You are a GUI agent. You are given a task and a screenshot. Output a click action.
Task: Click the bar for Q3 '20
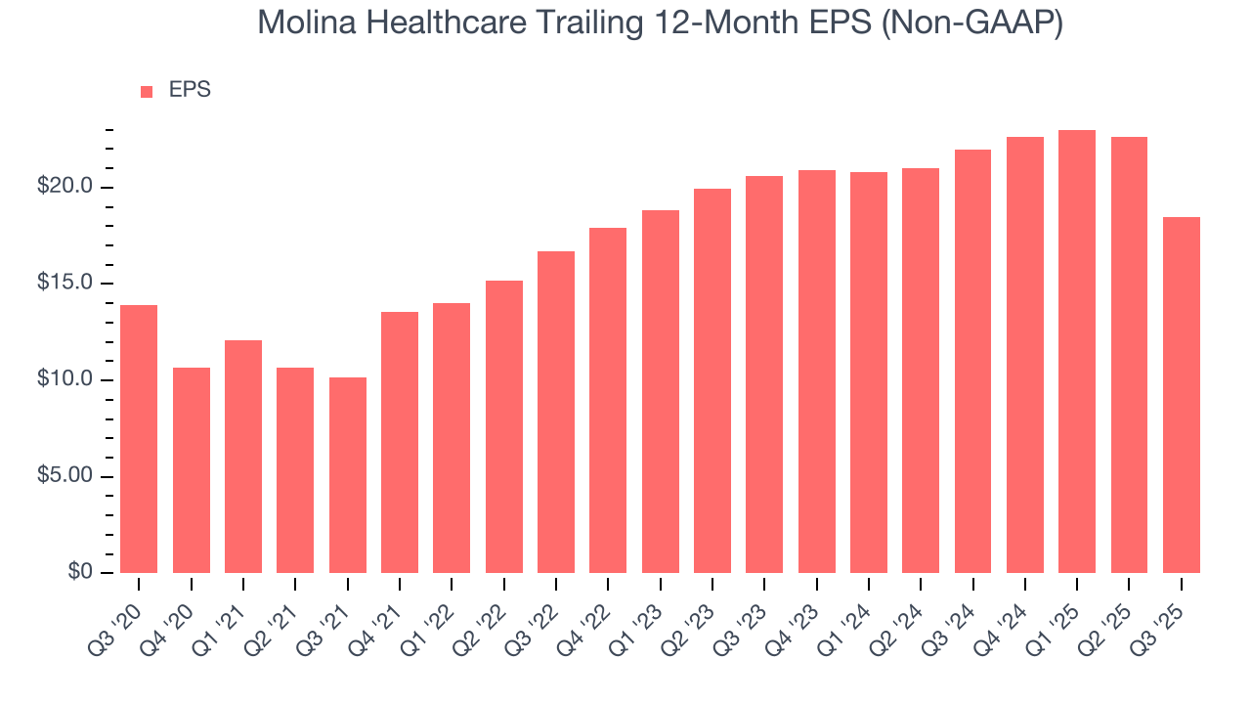(139, 439)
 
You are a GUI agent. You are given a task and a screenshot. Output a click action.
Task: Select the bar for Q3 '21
(348, 475)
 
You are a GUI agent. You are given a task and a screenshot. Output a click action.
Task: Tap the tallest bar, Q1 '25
(1077, 352)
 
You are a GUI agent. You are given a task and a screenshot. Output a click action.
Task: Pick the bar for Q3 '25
(1182, 395)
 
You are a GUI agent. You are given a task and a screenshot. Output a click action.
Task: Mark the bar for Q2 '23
(712, 381)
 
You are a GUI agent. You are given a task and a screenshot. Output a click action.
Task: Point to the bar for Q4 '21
(400, 442)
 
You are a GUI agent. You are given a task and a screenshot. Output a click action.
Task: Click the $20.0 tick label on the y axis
(65, 187)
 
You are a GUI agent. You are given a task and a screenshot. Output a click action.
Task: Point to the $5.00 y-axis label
(65, 476)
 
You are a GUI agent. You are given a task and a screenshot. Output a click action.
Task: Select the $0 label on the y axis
(80, 573)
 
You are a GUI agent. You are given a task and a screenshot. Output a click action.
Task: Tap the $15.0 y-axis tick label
(65, 284)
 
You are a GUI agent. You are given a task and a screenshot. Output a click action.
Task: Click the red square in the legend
(147, 91)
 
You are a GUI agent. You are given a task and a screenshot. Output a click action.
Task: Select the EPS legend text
(190, 90)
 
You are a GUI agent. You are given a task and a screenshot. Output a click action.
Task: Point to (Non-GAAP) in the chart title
(971, 22)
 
